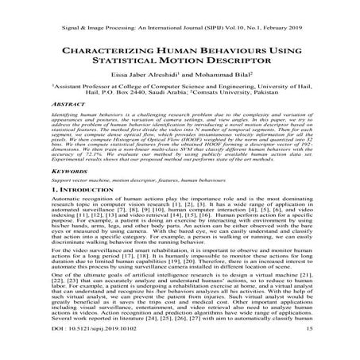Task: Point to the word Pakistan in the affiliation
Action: click(284, 112)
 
